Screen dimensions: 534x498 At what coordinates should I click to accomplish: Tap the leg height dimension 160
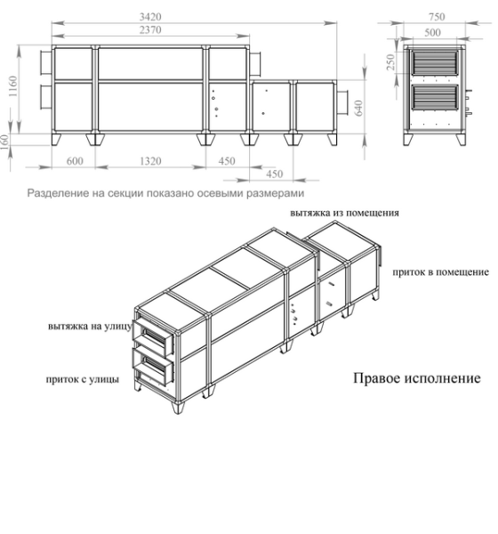click(8, 142)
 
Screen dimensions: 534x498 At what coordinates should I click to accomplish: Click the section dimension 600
click(73, 162)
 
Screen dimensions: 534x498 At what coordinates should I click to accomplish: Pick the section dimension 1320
click(149, 162)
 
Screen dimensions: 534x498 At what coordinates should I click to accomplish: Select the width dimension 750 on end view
click(436, 16)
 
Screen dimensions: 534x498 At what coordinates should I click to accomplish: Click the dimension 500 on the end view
click(436, 31)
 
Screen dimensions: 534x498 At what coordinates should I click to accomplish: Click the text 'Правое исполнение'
click(417, 379)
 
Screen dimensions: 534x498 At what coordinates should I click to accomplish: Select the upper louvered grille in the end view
click(436, 65)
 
